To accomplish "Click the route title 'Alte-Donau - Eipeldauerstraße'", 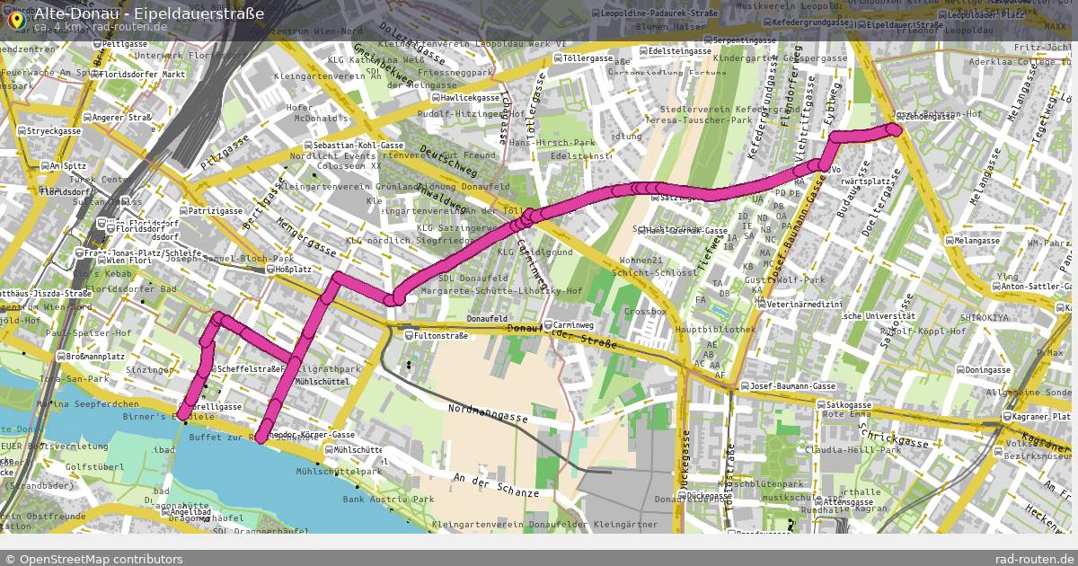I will (x=149, y=13).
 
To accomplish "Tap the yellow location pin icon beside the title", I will (x=15, y=19).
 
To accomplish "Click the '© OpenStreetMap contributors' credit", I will (x=93, y=559).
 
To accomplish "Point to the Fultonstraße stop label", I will (x=440, y=336).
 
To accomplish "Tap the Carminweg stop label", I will (x=573, y=324).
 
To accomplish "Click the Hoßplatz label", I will (x=293, y=269).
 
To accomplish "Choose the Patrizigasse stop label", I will (x=215, y=211).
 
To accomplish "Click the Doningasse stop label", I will (x=988, y=370).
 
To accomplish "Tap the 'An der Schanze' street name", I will (x=496, y=485).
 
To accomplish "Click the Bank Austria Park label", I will (x=388, y=499).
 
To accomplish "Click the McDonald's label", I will (x=321, y=118).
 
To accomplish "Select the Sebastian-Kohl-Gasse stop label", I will (x=358, y=146).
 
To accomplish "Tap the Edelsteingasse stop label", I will (x=674, y=51).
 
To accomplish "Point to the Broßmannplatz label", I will (x=95, y=357).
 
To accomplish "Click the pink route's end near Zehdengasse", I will (x=894, y=129).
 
